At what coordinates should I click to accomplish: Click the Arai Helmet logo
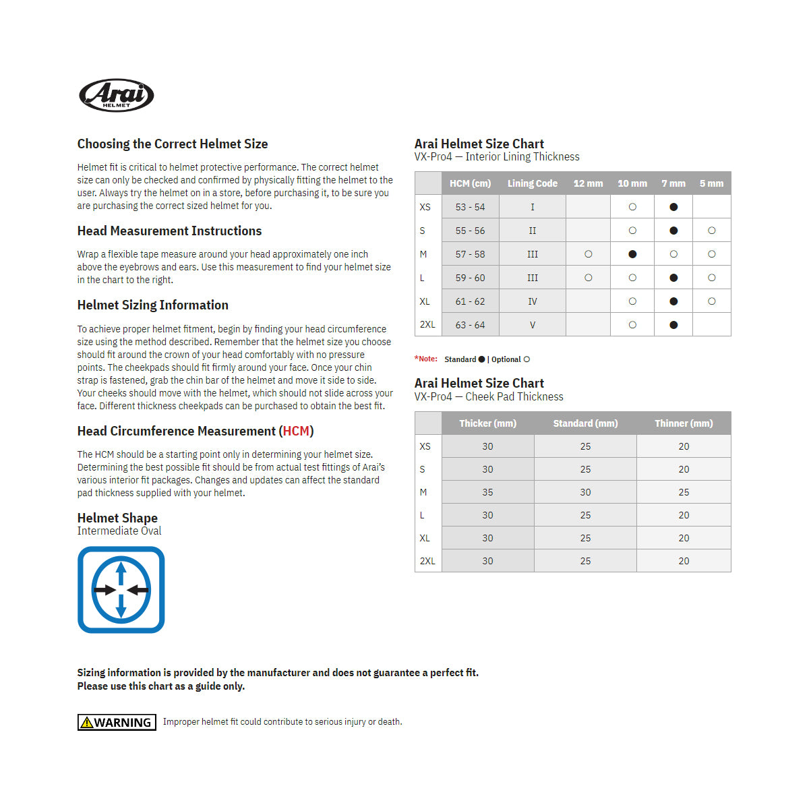[117, 95]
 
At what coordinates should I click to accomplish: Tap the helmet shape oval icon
[121, 590]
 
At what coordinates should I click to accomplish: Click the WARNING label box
[117, 722]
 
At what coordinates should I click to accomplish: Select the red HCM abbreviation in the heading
[296, 431]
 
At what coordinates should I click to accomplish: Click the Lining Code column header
[532, 183]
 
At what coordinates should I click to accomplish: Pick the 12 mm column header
[588, 183]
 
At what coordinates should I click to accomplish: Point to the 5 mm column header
[711, 183]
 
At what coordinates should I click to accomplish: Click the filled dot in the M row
[632, 254]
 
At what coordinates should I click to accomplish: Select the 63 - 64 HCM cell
[470, 325]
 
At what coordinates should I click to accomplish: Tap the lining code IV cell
[532, 301]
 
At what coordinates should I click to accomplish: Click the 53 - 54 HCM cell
[470, 207]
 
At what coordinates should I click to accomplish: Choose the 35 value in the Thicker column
[487, 492]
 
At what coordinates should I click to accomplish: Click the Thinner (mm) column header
[684, 423]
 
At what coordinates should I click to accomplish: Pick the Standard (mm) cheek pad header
[585, 423]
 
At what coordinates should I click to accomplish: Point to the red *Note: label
[426, 359]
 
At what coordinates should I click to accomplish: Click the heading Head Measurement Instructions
[169, 231]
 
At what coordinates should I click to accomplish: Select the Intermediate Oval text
[119, 531]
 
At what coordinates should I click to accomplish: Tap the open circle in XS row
[632, 207]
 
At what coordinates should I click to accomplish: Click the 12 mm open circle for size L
[589, 278]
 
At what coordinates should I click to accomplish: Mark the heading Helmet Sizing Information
[152, 305]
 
